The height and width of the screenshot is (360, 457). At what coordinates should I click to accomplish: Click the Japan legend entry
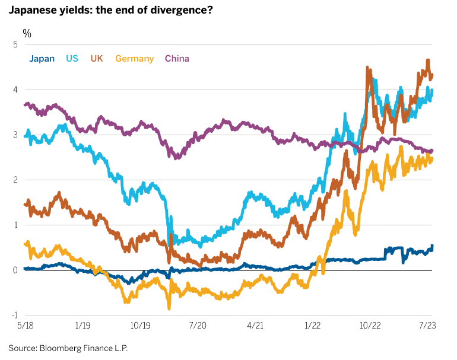(42, 58)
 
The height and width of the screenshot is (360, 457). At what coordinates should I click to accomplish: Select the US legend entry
(72, 58)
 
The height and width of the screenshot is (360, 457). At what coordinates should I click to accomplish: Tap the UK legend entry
(97, 58)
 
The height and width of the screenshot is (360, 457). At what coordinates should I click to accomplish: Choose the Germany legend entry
(134, 58)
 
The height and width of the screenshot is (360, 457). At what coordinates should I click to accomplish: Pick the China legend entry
(177, 58)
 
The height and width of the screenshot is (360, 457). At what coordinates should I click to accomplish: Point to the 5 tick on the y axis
(14, 44)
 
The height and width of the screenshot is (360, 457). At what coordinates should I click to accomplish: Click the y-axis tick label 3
(14, 135)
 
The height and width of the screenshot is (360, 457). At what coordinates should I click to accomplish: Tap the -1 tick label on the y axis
(13, 315)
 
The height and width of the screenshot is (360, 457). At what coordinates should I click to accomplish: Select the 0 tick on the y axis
(14, 270)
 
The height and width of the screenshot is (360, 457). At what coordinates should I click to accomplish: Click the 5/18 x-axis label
(25, 326)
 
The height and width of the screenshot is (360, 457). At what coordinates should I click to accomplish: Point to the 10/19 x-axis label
(140, 326)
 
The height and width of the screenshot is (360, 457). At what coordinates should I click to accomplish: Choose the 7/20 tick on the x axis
(198, 326)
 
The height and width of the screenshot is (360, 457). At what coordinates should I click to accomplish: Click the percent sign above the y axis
(27, 33)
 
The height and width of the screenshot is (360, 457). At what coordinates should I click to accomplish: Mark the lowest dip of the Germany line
(169, 308)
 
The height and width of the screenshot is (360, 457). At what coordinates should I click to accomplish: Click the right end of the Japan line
(431, 246)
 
